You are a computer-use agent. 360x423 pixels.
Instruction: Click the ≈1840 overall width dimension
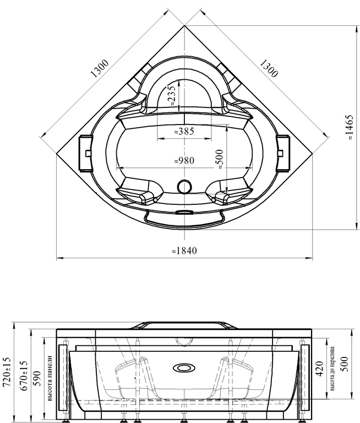(x=185, y=251)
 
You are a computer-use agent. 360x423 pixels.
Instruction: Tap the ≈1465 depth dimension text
(x=350, y=127)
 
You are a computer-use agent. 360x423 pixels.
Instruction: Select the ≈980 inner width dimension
(x=184, y=160)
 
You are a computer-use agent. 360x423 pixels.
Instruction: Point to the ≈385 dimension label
(x=184, y=132)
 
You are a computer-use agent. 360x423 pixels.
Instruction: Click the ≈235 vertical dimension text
(x=172, y=95)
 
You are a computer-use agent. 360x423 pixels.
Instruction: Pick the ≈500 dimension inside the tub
(x=220, y=159)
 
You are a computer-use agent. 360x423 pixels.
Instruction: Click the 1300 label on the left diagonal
(x=100, y=68)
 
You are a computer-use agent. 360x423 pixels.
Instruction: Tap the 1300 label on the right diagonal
(x=269, y=68)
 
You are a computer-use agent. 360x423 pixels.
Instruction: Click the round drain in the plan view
(x=185, y=186)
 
